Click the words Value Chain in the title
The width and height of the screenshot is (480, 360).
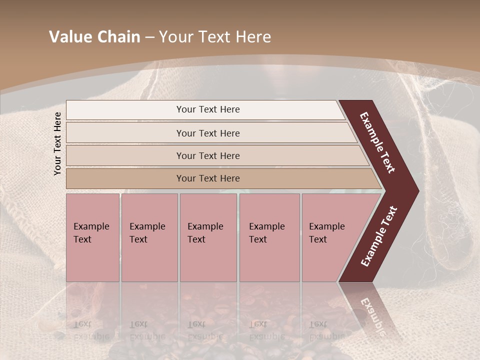[94, 37]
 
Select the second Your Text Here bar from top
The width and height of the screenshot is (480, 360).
[208, 133]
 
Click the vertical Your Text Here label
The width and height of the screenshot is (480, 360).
[57, 143]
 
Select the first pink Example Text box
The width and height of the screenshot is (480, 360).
[92, 237]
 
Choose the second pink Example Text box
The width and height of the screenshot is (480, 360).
[149, 237]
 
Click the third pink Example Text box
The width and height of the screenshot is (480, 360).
[208, 237]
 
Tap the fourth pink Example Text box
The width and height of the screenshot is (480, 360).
[269, 237]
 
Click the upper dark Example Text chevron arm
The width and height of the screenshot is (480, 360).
[378, 142]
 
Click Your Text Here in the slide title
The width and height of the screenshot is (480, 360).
[215, 37]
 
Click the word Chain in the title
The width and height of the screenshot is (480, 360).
[119, 37]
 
